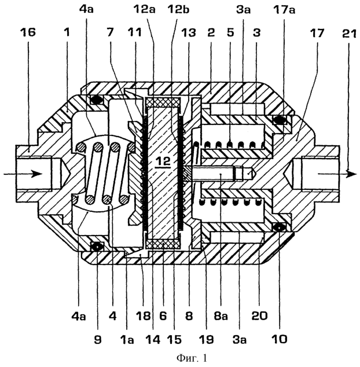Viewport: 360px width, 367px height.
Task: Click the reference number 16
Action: pos(28,32)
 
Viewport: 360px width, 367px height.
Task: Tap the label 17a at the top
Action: pos(284,10)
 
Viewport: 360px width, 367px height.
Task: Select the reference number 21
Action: pos(348,33)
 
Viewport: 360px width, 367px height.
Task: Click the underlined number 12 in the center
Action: pos(164,162)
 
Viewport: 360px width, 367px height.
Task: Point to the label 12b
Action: pos(178,10)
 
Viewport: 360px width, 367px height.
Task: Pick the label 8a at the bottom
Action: pos(221,316)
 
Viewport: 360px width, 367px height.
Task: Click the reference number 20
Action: pos(259,316)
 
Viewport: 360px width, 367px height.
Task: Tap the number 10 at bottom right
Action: pos(280,339)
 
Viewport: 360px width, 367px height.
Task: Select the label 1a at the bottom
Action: pos(127,339)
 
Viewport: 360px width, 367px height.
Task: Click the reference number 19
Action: pos(207,339)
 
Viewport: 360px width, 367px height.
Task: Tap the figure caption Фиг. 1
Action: pos(192,358)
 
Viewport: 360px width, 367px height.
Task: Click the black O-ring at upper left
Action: pos(96,100)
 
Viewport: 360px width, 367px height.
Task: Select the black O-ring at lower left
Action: pos(97,246)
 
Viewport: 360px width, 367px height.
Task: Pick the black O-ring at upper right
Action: pos(280,120)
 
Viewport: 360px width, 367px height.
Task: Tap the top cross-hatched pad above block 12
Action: pos(163,102)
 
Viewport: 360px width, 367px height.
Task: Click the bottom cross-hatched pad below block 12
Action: pos(163,244)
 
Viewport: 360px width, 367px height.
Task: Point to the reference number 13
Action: pos(189,33)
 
